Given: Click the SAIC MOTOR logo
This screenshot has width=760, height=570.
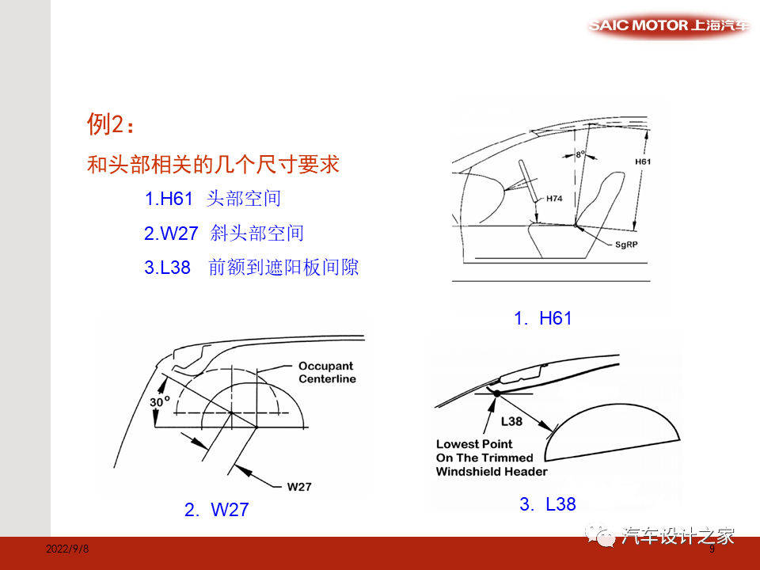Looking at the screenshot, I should coord(669,25).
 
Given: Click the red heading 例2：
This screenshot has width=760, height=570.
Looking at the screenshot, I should coord(111,124).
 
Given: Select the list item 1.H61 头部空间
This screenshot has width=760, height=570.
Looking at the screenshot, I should coord(212,199).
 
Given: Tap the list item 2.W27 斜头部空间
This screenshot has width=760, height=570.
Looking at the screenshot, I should coord(224,234).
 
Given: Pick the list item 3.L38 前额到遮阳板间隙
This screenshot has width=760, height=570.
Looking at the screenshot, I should coord(251,268).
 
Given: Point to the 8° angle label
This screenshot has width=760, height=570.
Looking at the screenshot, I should coord(580,154).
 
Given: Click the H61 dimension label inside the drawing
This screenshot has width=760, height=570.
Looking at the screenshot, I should coord(644,161).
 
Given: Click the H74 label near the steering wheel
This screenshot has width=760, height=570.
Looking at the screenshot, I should coord(554,199).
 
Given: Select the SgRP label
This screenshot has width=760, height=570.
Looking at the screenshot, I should coord(626,245).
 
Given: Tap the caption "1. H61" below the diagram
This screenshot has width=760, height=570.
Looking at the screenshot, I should coord(542,318).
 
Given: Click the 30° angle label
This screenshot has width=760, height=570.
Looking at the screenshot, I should coord(160,401).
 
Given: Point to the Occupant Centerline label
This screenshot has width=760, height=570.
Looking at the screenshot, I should coord(327,373).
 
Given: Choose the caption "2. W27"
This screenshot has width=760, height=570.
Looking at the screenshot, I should coord(216,510).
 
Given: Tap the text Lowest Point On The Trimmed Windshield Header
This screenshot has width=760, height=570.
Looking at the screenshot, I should coord(491,458).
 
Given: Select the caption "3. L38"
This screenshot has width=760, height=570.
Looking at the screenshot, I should coord(548,503).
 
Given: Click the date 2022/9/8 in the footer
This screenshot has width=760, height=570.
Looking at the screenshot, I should coord(67,549).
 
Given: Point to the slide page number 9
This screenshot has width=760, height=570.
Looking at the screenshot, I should coord(712,549).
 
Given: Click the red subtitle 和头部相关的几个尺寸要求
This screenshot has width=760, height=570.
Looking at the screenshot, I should coord(213,165).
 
